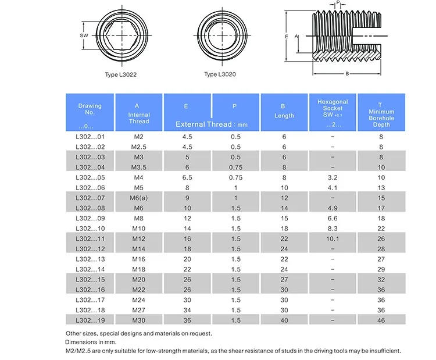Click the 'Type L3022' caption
tap(121, 74)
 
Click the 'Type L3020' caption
tap(220, 74)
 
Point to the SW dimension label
tap(83, 35)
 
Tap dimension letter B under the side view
tap(346, 74)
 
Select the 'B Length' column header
tap(284, 112)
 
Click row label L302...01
tap(90, 136)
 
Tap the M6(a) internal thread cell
tap(138, 198)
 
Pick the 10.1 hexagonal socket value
tap(333, 239)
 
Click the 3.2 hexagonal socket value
tap(333, 177)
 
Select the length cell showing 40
tap(284, 320)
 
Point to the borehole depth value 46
tap(381, 320)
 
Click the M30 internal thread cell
tap(138, 320)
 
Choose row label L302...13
tap(90, 259)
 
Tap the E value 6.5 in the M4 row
tap(187, 177)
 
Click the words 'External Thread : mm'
tap(212, 124)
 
